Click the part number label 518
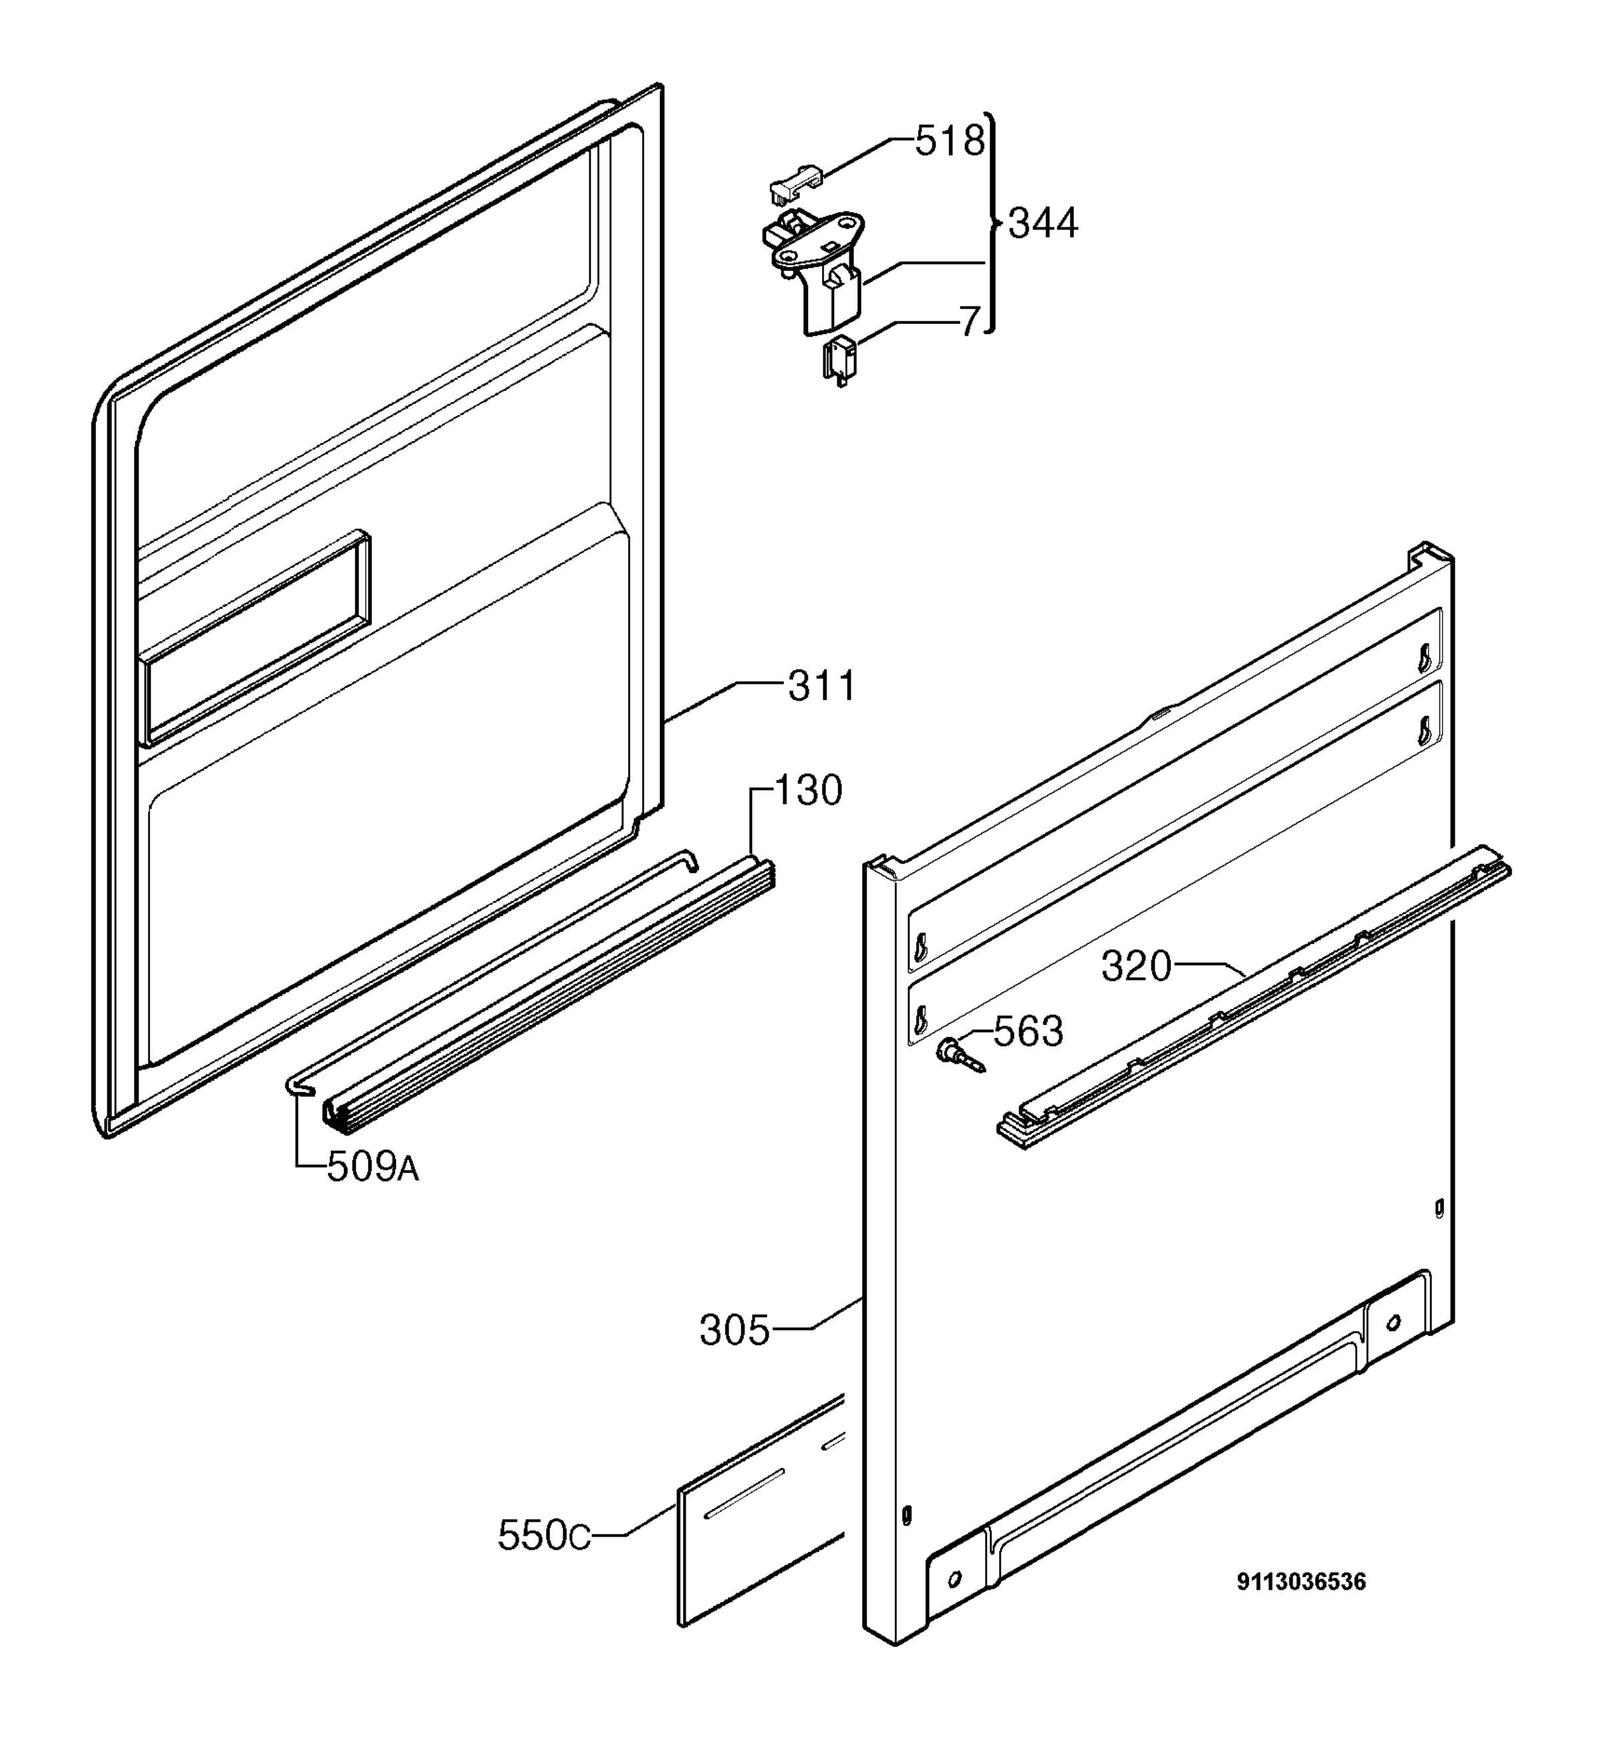(x=950, y=141)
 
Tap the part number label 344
(x=1043, y=223)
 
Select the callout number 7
(x=970, y=322)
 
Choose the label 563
(x=1028, y=1031)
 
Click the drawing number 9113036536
(x=1301, y=1582)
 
